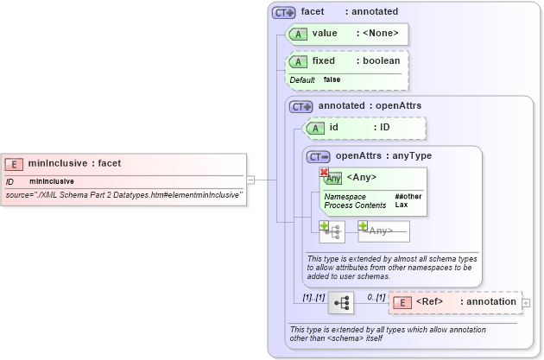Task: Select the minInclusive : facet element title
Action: coord(74,163)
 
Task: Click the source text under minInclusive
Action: coord(124,195)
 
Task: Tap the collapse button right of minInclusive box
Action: coord(250,180)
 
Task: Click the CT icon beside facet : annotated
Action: coord(283,13)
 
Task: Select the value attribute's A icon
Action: coord(298,34)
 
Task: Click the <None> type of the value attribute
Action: coord(377,34)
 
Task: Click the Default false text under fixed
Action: coord(315,79)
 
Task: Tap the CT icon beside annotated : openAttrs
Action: coord(301,106)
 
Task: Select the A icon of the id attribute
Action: coord(315,128)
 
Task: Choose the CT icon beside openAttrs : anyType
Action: coord(319,156)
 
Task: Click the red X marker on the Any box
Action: coord(325,173)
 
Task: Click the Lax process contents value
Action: coord(402,205)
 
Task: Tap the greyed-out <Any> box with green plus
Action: coord(383,231)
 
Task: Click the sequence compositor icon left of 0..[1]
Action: coord(341,302)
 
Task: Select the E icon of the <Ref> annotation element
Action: coord(402,302)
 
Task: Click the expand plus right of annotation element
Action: coord(527,303)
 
